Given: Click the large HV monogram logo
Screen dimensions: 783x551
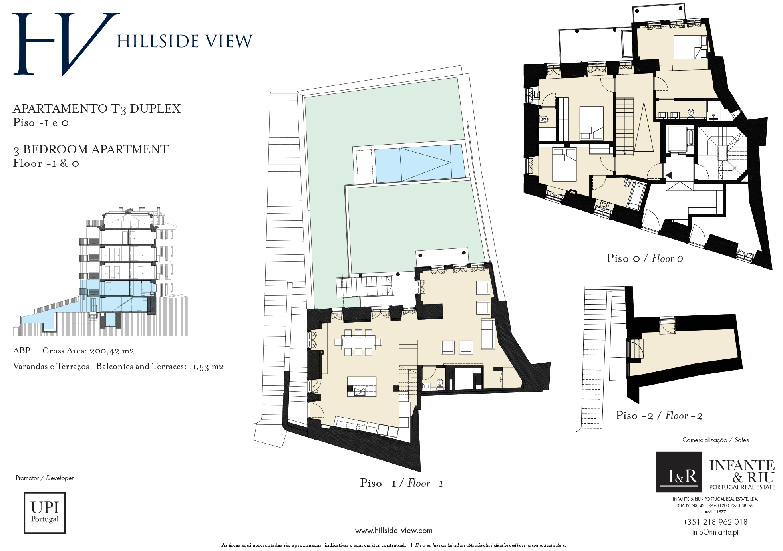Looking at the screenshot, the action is pos(66,44).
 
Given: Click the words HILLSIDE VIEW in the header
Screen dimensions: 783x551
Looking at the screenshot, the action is pos(185,41).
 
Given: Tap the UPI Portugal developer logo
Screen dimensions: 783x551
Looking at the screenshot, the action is pos(45,513).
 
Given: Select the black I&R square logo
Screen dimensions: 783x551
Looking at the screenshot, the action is pos(679,472).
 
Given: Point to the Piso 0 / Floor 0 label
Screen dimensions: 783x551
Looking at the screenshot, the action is pos(645,258).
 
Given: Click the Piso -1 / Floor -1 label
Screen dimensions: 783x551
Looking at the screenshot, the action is pos(401,483).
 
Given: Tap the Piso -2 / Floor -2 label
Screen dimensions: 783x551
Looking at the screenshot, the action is pos(659,416).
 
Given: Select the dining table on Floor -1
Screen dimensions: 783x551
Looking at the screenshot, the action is pos(358,343).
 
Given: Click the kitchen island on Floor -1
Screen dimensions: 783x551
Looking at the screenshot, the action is pos(362,386).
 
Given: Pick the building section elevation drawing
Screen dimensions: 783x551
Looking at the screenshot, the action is pos(101,272).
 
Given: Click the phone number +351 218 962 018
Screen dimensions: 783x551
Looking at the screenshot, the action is pos(715,522).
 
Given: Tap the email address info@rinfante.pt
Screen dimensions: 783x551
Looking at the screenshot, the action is pos(715,532).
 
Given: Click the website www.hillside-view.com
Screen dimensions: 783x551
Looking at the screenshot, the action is pos(394,531).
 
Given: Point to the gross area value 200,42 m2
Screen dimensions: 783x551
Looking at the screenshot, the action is pos(112,351).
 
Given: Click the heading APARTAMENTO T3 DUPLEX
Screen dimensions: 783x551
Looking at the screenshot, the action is pos(97,109).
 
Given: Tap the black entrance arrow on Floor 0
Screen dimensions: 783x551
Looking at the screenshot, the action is pos(668,175).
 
